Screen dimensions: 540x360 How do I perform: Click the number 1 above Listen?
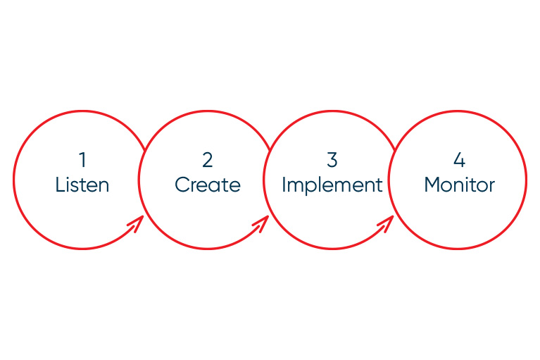coord(82,160)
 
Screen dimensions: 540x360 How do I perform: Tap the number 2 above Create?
coord(207,160)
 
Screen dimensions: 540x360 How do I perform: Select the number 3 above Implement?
coord(332,160)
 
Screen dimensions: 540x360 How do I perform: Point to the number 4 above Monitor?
coord(460,160)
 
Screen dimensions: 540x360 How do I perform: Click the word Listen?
coord(82,185)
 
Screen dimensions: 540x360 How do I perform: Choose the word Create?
coord(207,185)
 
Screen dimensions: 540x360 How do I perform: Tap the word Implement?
coord(332,185)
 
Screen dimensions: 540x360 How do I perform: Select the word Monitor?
coord(460,185)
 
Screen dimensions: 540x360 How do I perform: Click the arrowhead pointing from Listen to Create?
coord(137,223)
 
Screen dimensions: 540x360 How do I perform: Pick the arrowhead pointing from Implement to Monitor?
coord(387,223)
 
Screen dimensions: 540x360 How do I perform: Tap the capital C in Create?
coord(182,185)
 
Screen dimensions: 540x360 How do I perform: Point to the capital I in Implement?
coord(284,185)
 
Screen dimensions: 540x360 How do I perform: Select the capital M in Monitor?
coord(432,185)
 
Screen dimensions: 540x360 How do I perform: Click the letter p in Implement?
coord(313,189)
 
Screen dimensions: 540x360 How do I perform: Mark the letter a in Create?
coord(215,187)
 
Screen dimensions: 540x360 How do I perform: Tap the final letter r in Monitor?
coord(491,187)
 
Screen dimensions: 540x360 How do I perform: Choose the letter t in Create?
coord(224,185)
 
